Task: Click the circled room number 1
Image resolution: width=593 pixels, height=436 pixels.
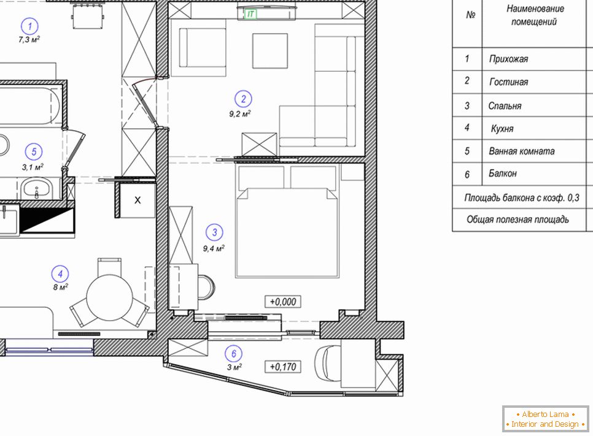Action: [30, 26]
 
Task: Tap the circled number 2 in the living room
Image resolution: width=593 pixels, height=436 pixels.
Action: [243, 99]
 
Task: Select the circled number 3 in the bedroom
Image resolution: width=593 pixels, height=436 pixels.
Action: [214, 232]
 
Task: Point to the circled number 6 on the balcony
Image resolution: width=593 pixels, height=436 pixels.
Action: [234, 354]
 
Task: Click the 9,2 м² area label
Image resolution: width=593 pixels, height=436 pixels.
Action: [240, 113]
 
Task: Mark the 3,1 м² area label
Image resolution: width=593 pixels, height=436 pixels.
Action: [33, 167]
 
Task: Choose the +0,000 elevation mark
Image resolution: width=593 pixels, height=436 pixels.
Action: [283, 302]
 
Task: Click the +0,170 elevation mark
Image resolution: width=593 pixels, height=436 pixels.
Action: [283, 367]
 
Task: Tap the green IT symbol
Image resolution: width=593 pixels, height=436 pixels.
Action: [250, 14]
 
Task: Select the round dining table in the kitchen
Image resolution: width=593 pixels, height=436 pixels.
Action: [110, 297]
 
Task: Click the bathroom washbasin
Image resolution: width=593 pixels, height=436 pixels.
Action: [36, 188]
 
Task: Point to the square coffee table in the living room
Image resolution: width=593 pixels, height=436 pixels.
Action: [270, 51]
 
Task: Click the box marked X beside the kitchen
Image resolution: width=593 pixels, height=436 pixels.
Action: [138, 201]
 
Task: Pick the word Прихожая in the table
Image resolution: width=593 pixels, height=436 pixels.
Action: [508, 59]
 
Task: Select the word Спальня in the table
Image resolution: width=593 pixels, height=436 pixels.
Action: [505, 106]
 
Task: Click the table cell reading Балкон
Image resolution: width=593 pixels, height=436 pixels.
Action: [503, 174]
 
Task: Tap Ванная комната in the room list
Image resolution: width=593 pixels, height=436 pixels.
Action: [522, 151]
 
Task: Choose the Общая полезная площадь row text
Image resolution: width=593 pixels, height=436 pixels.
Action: [517, 220]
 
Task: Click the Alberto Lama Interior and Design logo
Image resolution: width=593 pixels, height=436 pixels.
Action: [545, 419]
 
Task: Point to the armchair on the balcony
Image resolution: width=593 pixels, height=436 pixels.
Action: [327, 362]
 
